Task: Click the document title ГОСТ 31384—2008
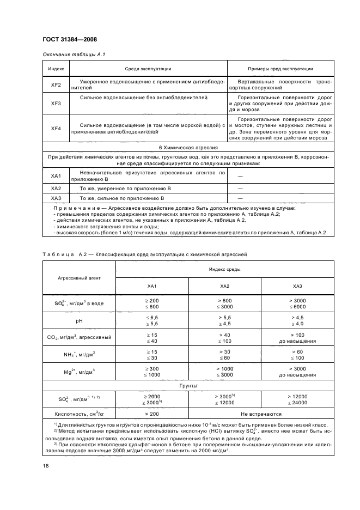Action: pos(69,39)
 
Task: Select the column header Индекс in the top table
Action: pos(56,69)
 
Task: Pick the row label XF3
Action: pos(56,103)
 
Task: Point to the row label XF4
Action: pos(56,128)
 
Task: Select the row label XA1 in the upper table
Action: pos(56,175)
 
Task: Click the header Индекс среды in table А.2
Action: pos(224,269)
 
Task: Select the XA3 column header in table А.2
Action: pos(297,286)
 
